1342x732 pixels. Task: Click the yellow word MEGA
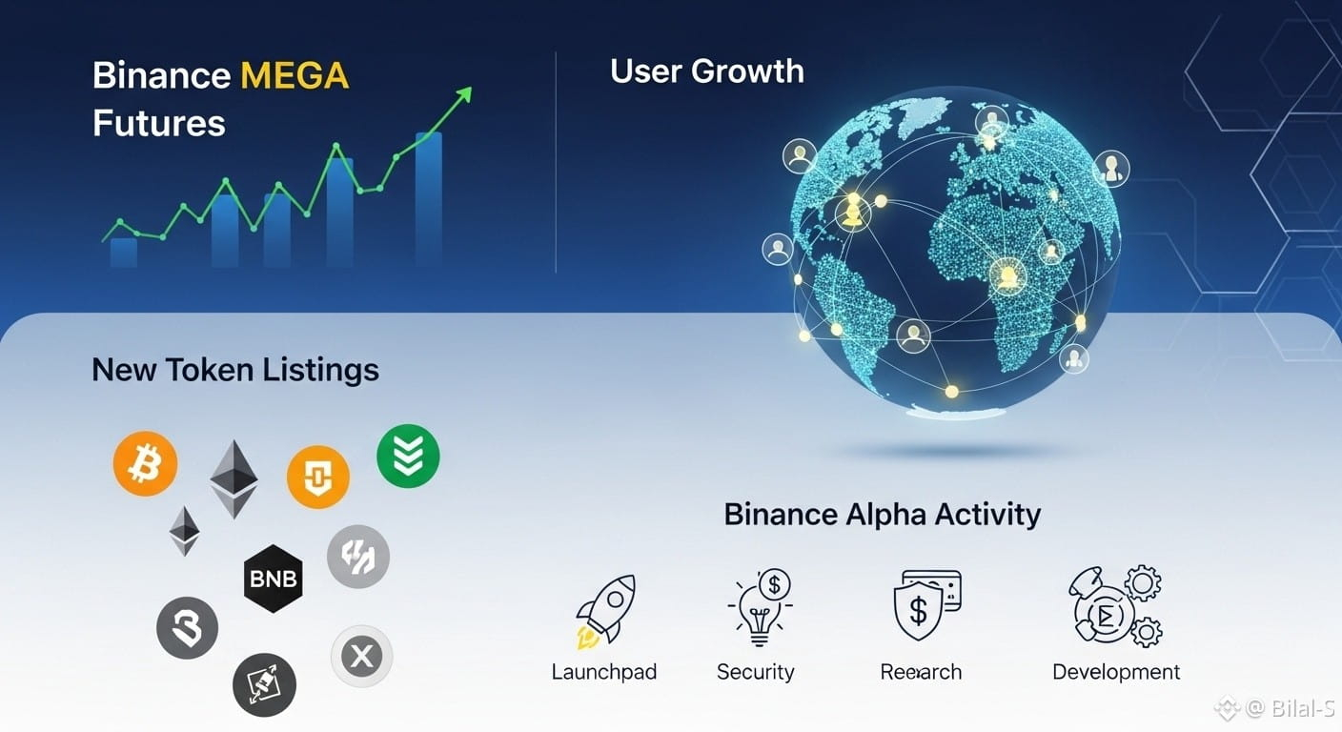click(295, 75)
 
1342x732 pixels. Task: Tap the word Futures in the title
click(159, 123)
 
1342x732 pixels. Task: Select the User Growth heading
click(707, 71)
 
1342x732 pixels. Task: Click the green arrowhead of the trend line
click(464, 95)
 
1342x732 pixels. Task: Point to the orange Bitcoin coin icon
click(145, 463)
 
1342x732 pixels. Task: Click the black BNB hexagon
click(274, 579)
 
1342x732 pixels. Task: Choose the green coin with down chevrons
click(408, 456)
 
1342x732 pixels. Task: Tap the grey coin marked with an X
click(361, 656)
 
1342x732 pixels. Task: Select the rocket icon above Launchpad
click(605, 611)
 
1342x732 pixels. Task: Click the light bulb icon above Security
click(760, 607)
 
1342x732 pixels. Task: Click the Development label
click(1116, 672)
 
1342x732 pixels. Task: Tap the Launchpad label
click(604, 672)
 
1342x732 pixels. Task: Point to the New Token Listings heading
click(235, 370)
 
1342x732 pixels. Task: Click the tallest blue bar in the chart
click(428, 199)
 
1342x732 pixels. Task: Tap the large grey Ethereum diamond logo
click(234, 479)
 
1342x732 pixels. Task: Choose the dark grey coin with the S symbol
click(187, 628)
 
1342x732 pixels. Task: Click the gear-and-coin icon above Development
click(1115, 606)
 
